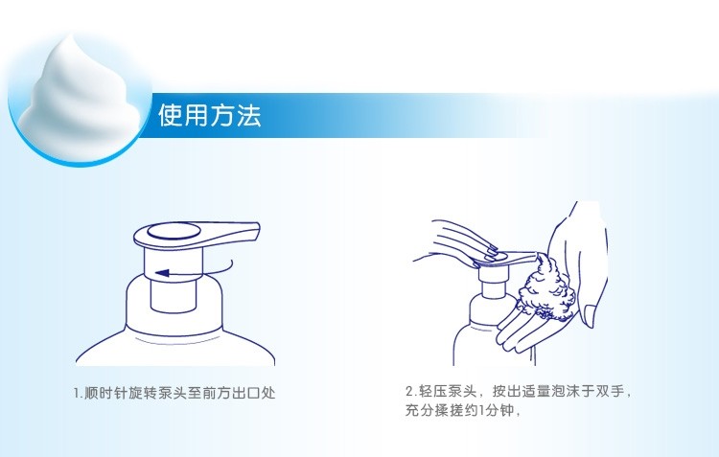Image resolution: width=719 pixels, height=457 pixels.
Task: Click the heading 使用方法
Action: [x=210, y=115]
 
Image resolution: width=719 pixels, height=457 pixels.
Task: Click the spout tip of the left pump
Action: [x=257, y=232]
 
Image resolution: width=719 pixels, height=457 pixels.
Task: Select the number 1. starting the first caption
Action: [x=79, y=393]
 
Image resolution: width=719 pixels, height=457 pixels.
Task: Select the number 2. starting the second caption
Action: [x=411, y=392]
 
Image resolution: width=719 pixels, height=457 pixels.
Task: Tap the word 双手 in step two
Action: [x=609, y=392]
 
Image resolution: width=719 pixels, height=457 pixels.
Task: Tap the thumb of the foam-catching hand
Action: [x=591, y=315]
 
